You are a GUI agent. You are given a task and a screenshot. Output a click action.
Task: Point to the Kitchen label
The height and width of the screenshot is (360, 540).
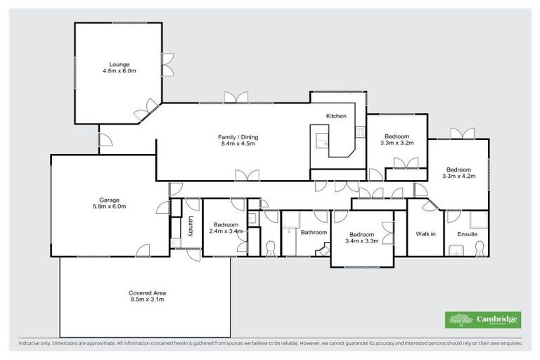pos(335,116)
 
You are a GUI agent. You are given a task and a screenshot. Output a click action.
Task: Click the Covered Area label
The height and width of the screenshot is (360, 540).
pos(146,292)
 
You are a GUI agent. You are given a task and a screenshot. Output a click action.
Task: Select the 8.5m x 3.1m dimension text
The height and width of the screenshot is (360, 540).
pos(146,300)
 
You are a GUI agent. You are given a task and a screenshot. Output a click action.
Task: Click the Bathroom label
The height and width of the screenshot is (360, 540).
pos(314,232)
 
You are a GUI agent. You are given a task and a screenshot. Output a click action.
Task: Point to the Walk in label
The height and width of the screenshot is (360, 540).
pos(425,233)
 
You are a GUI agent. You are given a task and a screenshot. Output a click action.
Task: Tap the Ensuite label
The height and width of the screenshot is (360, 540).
pos(468,233)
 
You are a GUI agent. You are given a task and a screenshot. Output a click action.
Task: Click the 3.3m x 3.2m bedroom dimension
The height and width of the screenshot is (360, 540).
pos(397,143)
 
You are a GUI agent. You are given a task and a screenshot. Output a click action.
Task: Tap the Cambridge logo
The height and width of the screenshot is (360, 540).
pos(483,320)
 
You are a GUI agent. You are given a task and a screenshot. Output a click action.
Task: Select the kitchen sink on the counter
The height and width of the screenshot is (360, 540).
pos(322,141)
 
